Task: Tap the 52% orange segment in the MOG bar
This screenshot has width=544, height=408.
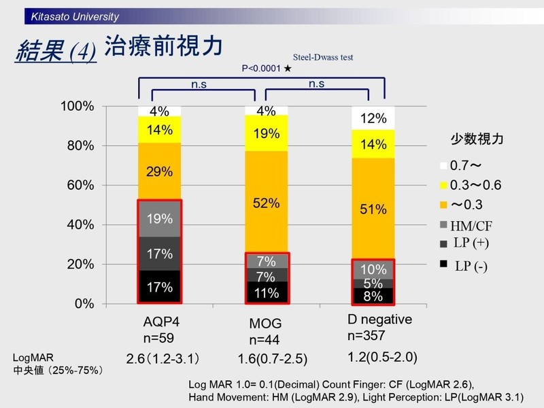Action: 266,202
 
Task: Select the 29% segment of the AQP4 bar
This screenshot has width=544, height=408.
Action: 159,171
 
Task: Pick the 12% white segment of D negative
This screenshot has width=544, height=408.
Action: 373,118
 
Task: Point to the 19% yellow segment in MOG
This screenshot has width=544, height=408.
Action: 266,134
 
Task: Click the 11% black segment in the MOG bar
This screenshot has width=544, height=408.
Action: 266,293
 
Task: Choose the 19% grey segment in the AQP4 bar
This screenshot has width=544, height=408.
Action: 159,218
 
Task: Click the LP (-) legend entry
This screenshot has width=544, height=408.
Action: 471,265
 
